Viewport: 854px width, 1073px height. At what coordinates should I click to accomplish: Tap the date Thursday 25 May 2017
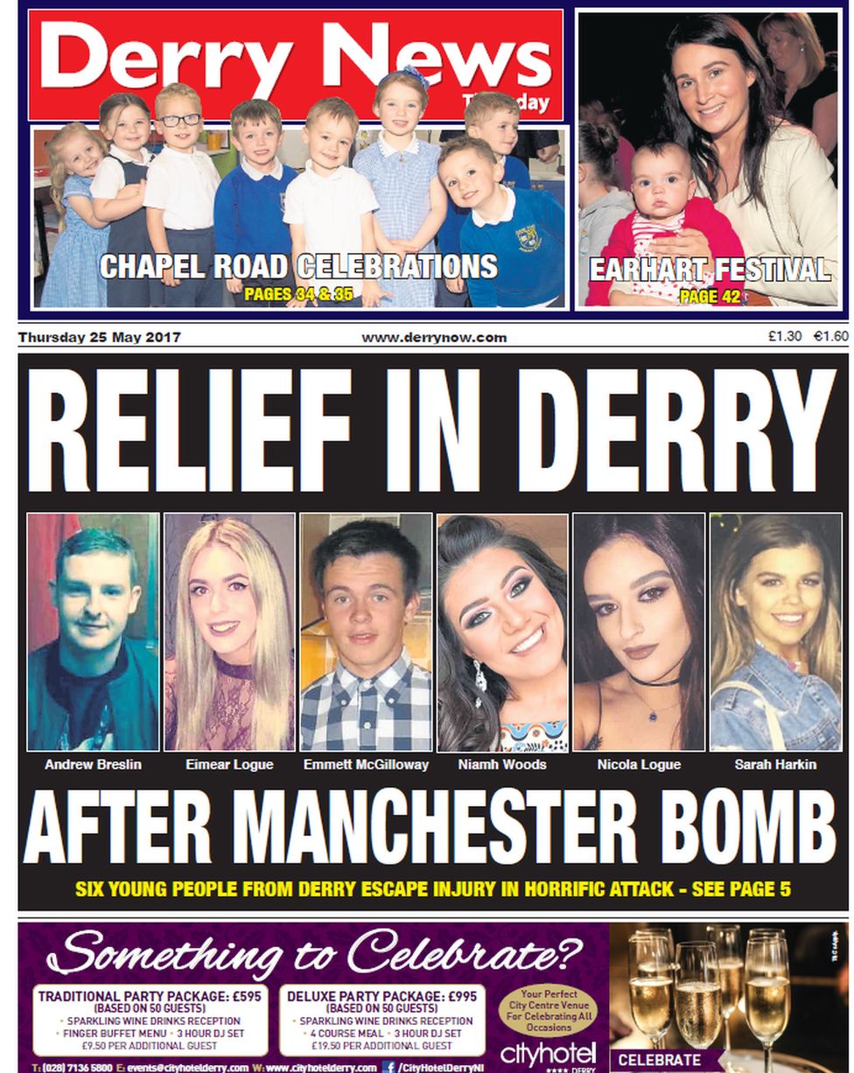point(100,337)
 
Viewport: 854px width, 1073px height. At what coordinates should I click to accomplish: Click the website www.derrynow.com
point(434,337)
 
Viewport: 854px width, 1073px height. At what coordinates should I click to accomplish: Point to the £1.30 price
point(785,336)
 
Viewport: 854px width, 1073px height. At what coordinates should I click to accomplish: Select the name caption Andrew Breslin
point(93,765)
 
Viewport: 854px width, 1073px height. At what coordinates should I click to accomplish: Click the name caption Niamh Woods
point(502,765)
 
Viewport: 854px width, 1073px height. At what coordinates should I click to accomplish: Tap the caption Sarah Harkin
point(775,765)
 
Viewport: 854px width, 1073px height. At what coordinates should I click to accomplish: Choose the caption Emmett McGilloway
point(366,765)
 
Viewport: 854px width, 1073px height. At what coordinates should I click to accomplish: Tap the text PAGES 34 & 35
point(298,294)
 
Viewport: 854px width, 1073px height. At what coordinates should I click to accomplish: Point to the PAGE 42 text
point(710,296)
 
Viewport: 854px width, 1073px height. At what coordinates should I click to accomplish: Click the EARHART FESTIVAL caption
point(710,270)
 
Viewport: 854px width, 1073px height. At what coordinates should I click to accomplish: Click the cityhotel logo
point(548,1052)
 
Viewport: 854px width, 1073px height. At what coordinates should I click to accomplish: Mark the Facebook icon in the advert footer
point(388,1067)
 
